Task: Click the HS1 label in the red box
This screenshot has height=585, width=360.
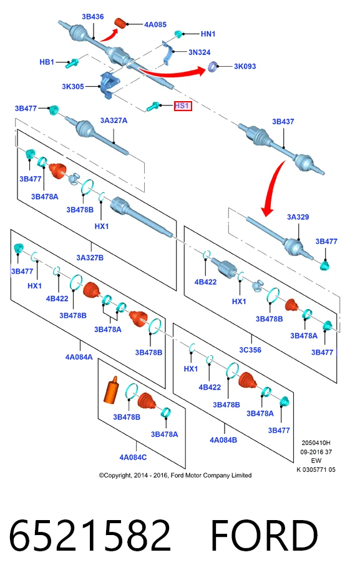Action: pos(183,106)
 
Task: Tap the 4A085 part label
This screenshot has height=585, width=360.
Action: pos(155,24)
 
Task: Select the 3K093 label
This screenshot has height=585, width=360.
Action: pos(245,66)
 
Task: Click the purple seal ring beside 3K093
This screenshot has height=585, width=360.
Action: pos(212,67)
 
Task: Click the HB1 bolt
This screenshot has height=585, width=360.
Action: pos(71,64)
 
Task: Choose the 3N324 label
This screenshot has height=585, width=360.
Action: pos(200,52)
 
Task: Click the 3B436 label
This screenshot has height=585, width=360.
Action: pos(93,17)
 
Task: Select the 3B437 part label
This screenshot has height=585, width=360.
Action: pos(283,122)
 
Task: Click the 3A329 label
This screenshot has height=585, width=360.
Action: pos(298,217)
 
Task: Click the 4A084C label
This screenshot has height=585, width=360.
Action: pos(133,458)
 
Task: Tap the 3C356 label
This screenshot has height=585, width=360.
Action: pos(250,350)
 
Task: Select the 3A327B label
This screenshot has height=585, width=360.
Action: pos(90,258)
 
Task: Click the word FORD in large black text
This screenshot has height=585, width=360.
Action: pos(264,536)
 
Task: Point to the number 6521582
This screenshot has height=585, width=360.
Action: pos(89,536)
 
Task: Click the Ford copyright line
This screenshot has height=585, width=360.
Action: pos(175,475)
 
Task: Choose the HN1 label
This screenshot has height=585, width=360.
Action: pos(208,34)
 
